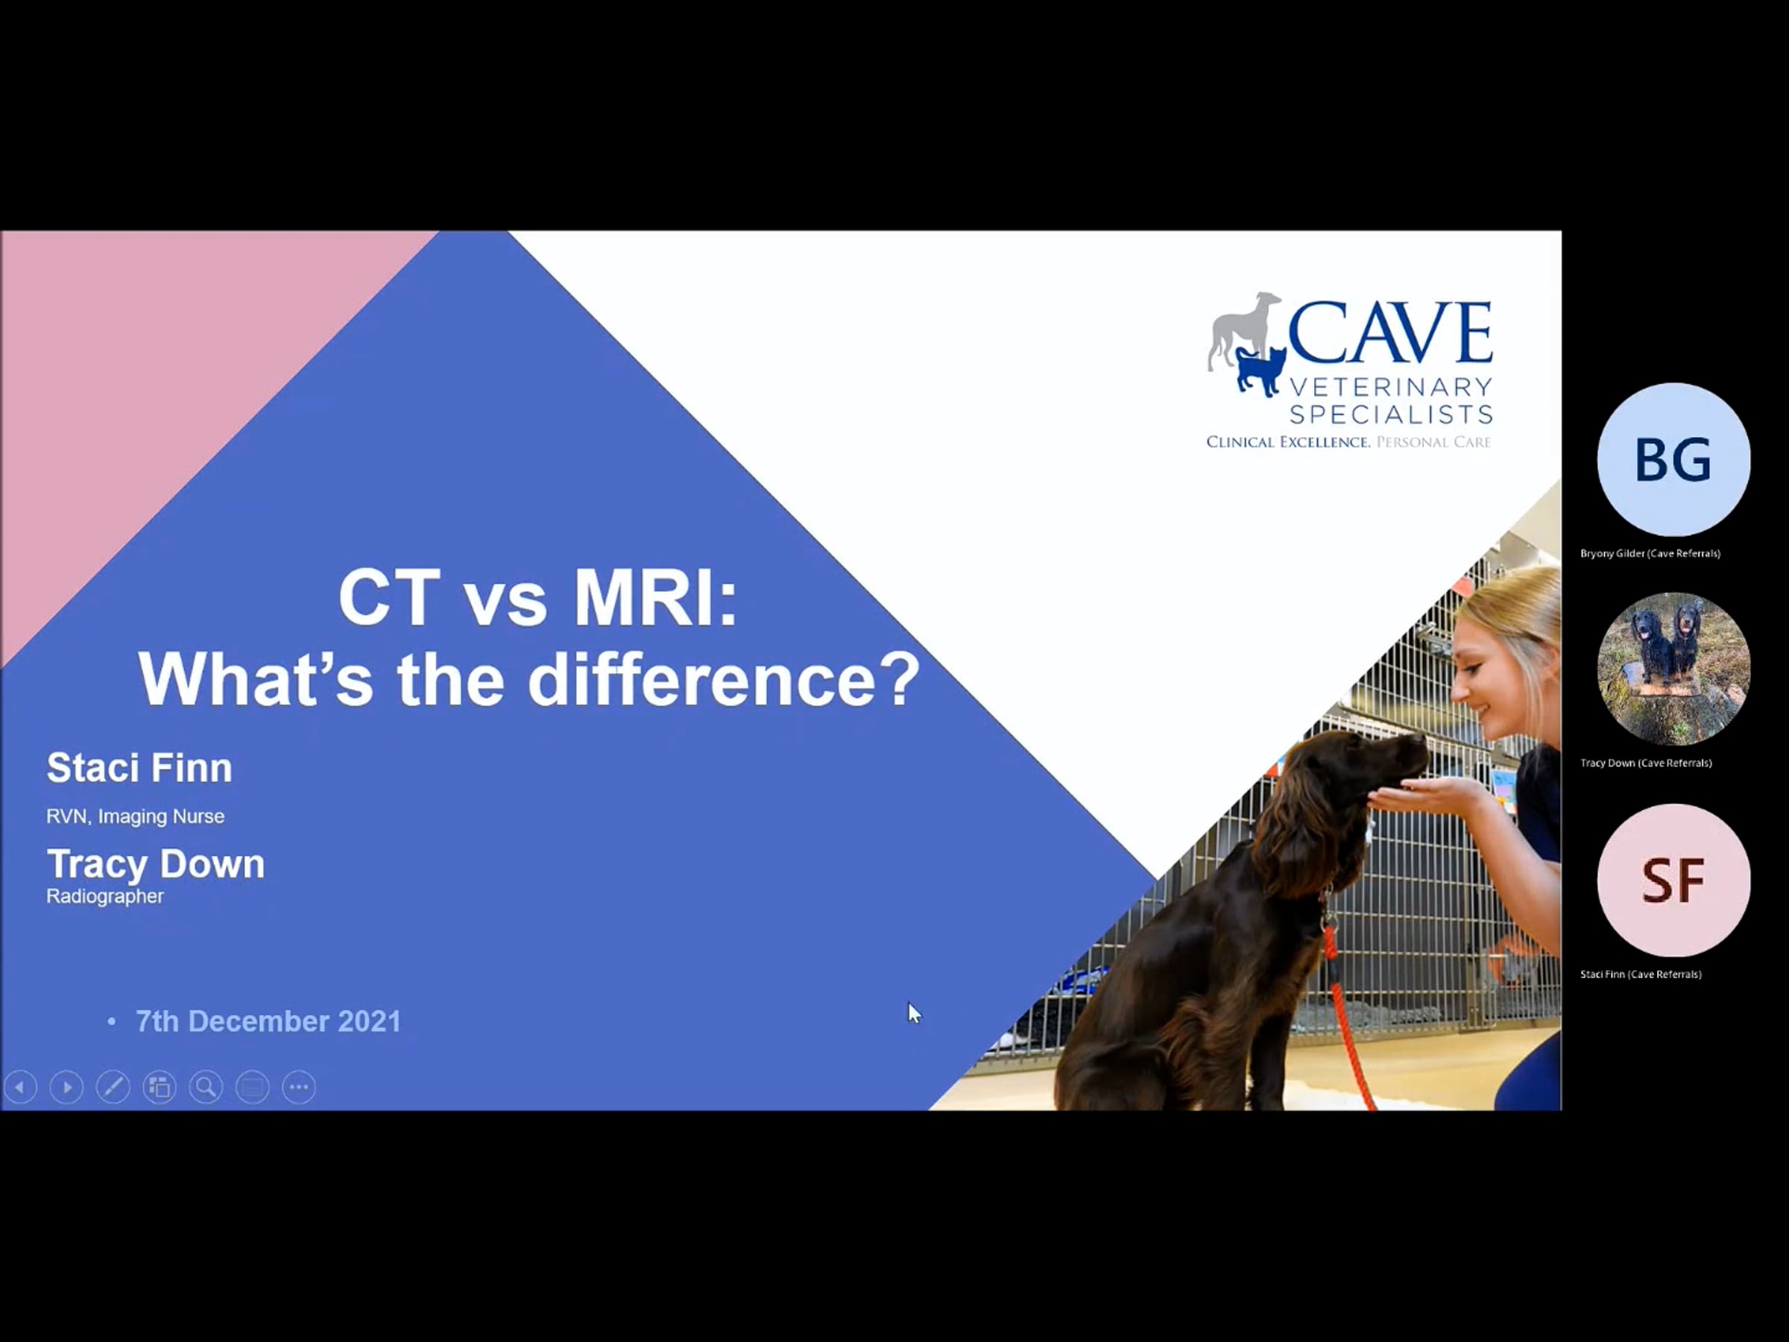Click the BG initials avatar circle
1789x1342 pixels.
click(x=1673, y=459)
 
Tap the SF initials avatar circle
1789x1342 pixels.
click(x=1673, y=880)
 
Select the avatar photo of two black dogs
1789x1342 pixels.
click(x=1673, y=669)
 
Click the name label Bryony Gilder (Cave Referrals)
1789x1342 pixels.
click(x=1650, y=553)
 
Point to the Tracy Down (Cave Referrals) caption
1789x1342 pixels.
click(x=1646, y=763)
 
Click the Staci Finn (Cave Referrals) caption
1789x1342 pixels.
click(x=1640, y=974)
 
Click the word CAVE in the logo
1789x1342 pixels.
click(x=1389, y=333)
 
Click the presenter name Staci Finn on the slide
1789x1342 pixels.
click(x=139, y=767)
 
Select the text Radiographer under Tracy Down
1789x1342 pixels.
click(x=105, y=896)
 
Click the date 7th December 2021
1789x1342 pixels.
click(x=268, y=1021)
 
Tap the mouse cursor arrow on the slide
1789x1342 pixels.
click(x=914, y=1012)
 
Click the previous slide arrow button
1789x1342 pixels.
click(x=20, y=1086)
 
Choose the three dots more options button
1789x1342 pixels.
click(x=298, y=1086)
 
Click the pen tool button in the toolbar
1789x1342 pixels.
click(x=113, y=1086)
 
